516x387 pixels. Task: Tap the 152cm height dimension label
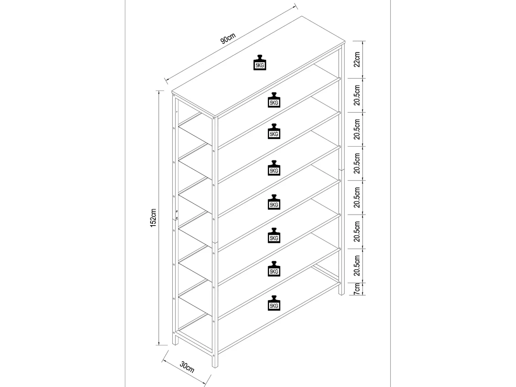pos(153,218)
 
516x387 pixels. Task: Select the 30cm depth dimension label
pos(187,367)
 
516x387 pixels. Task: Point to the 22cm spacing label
pos(357,59)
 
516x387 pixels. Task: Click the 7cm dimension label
pos(357,289)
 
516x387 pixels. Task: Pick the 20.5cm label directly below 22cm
pos(357,95)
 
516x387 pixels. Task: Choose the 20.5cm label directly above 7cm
pos(357,266)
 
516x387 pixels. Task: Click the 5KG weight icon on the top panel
pos(259,63)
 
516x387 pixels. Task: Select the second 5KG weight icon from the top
pos(274,100)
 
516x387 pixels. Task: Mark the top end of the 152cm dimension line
pos(160,91)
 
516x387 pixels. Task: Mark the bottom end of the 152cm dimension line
pos(160,345)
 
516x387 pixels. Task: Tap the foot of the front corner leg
pos(215,367)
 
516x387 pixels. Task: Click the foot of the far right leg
pos(341,294)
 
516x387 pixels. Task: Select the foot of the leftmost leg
pos(175,344)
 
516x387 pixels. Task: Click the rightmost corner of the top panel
pos(345,42)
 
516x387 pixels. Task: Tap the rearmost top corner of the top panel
pos(302,16)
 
